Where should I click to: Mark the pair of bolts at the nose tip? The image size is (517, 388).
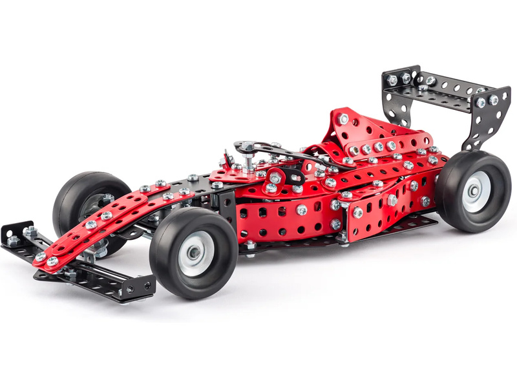(46, 259)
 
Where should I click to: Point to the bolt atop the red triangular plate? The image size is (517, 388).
(344, 119)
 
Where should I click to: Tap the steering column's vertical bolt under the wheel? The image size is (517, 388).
(249, 158)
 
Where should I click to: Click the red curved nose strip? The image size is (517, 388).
(103, 223)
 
